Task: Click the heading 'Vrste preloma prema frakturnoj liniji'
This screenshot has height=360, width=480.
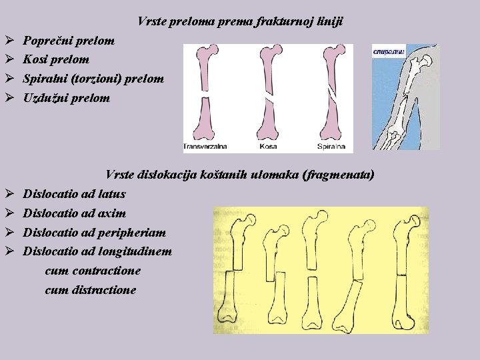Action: (x=240, y=21)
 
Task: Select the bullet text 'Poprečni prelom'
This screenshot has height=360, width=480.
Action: (x=69, y=41)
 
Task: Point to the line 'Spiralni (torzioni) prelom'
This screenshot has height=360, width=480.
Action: (x=93, y=79)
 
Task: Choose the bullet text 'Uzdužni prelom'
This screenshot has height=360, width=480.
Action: (x=67, y=98)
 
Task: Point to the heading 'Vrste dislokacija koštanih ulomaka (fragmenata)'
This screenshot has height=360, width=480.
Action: (x=240, y=175)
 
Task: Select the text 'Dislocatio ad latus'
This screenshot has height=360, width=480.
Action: (x=74, y=194)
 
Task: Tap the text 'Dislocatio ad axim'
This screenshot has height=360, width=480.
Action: (x=75, y=213)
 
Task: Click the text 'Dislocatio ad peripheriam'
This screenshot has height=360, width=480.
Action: (x=95, y=233)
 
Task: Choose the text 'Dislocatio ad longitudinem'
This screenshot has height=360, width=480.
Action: (x=97, y=252)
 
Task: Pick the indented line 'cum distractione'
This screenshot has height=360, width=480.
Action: (x=91, y=291)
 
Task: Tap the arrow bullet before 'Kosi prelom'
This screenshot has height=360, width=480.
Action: (x=9, y=60)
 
